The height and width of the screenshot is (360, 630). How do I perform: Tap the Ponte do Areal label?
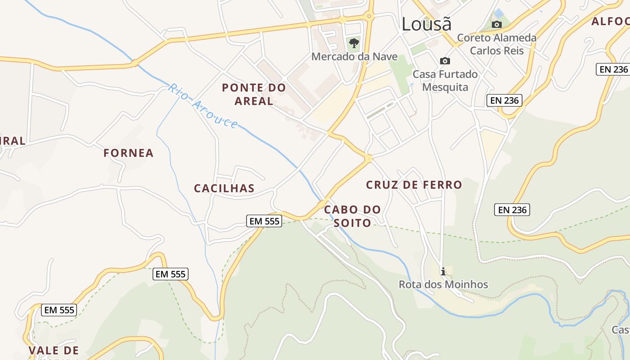254,94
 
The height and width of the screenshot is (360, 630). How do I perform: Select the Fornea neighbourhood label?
128,153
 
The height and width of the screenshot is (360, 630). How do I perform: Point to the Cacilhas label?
224,188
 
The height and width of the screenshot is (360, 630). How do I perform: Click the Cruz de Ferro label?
414,184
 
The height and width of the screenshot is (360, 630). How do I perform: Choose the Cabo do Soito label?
352,216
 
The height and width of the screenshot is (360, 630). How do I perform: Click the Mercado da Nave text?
354,57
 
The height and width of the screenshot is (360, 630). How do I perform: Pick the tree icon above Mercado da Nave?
354,44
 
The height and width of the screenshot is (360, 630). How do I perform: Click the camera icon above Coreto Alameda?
497,24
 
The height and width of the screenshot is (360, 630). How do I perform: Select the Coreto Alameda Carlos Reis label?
497,44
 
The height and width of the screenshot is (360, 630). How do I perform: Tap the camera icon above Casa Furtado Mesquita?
445,61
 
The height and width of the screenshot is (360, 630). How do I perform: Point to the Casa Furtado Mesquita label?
445,81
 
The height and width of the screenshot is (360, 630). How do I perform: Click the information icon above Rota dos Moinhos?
443,271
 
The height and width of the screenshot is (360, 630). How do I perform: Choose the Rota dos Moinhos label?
443,284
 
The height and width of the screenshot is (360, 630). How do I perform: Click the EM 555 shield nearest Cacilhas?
264,220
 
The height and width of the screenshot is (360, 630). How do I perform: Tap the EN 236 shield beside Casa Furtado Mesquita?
504,100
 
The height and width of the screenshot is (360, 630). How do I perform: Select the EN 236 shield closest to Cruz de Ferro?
512,210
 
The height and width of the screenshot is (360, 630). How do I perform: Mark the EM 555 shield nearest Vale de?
59,310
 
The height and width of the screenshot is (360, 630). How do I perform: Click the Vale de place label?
54,351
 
